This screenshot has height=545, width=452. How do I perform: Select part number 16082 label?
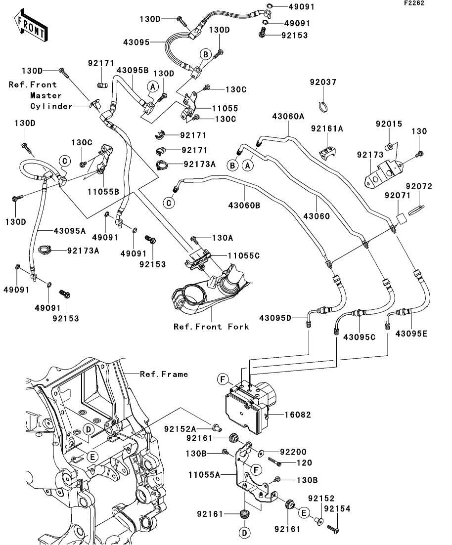297,415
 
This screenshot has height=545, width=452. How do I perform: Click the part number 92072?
419,186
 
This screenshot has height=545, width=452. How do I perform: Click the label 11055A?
204,475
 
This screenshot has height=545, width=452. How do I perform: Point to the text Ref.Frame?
164,374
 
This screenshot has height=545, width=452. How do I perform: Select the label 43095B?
133,70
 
